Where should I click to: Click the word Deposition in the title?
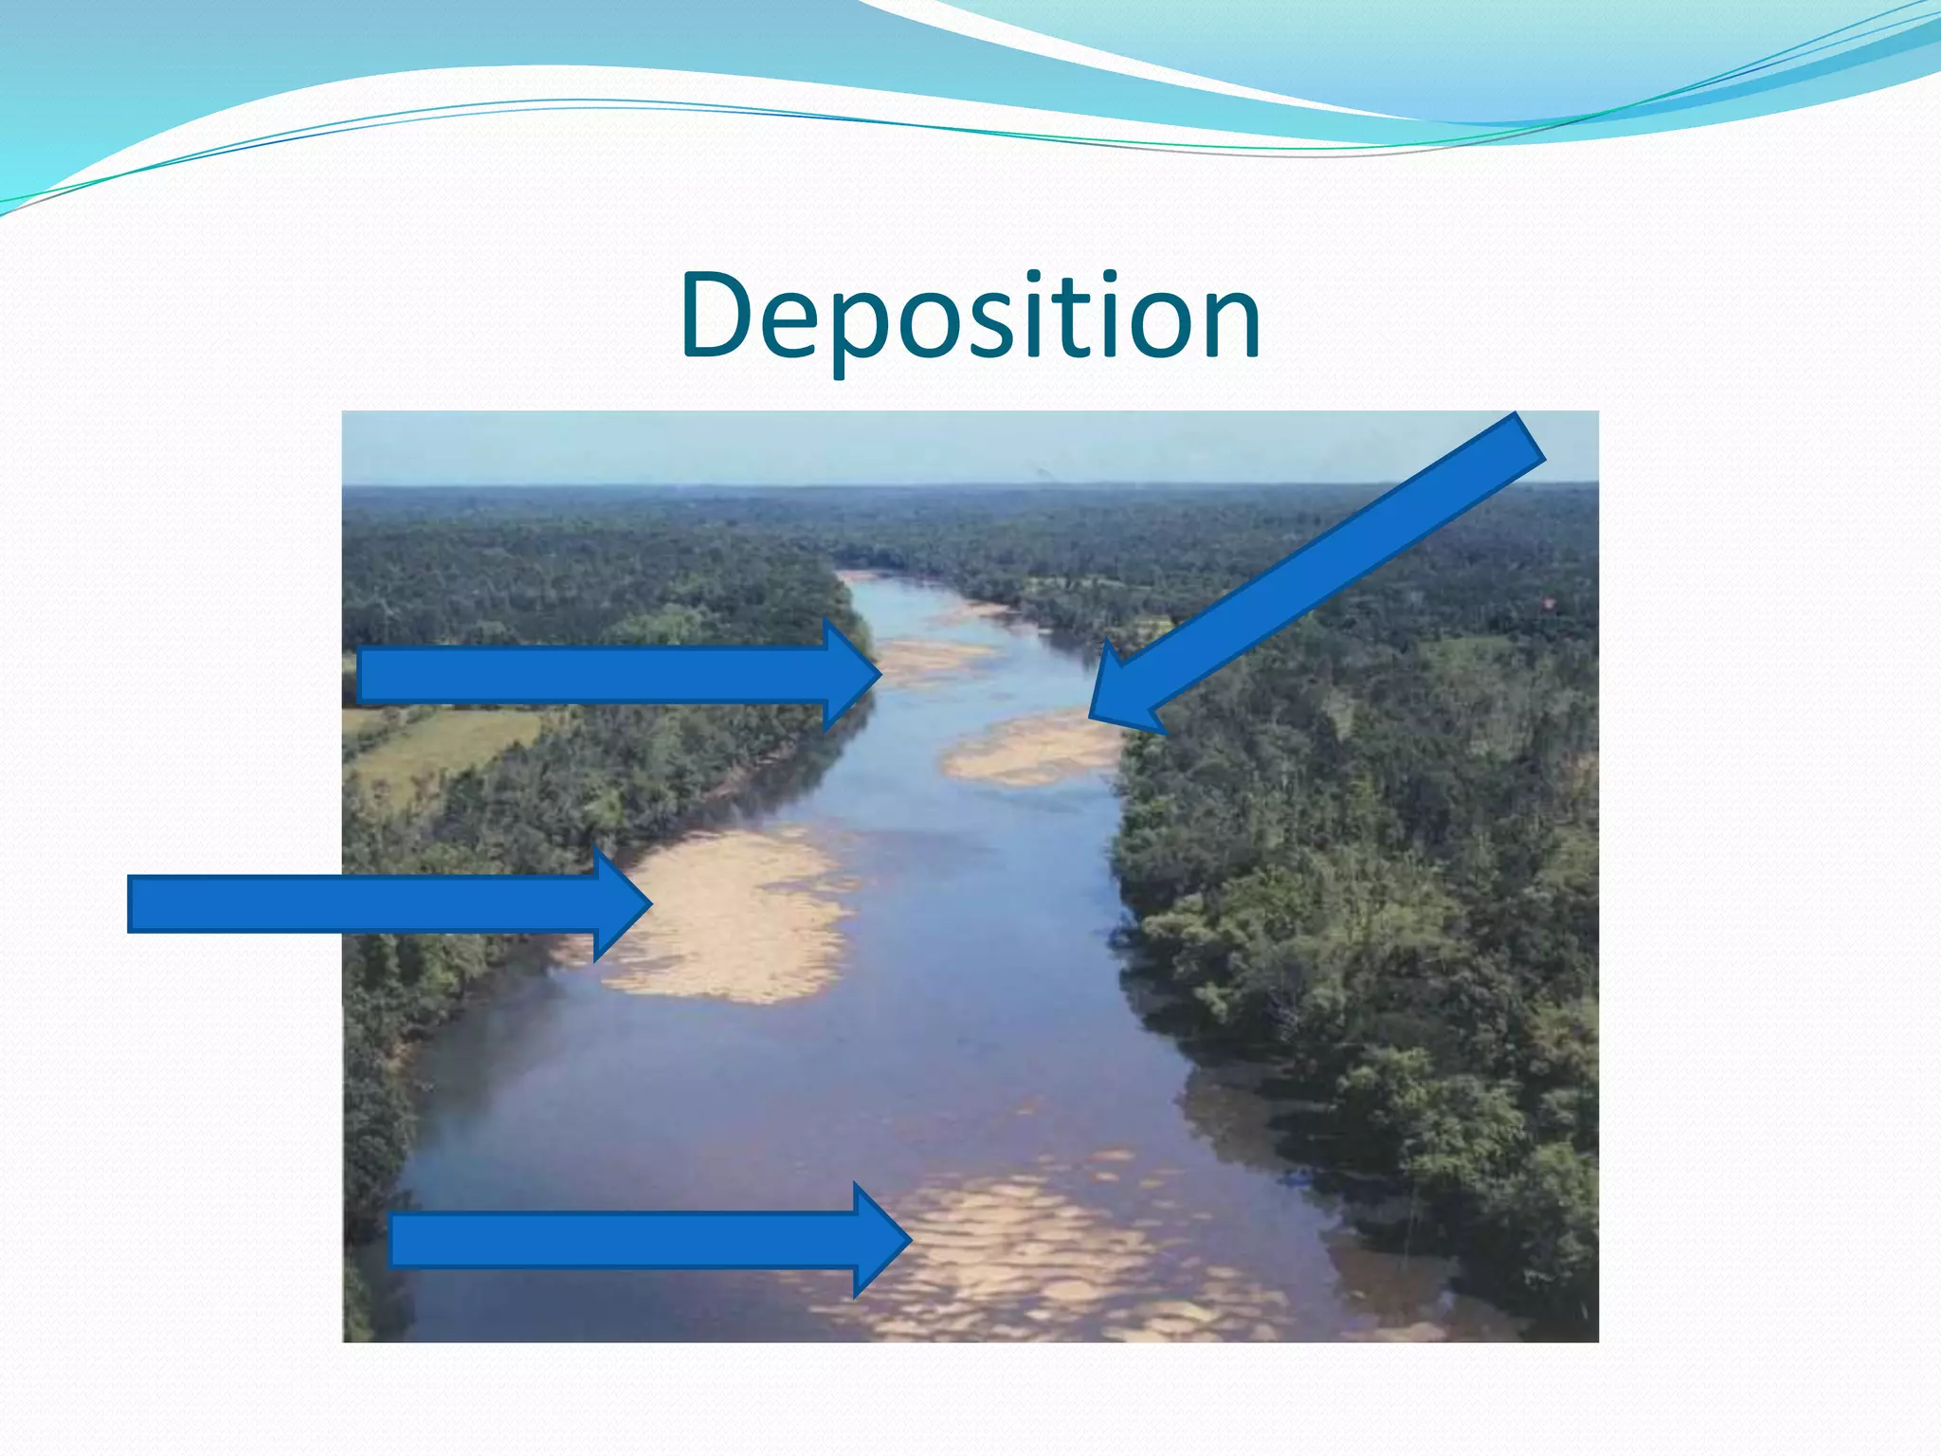[970, 317]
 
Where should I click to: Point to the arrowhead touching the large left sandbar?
[622, 903]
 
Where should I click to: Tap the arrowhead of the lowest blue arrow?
[881, 1240]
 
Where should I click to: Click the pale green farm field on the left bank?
[445, 744]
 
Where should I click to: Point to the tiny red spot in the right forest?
[1548, 601]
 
